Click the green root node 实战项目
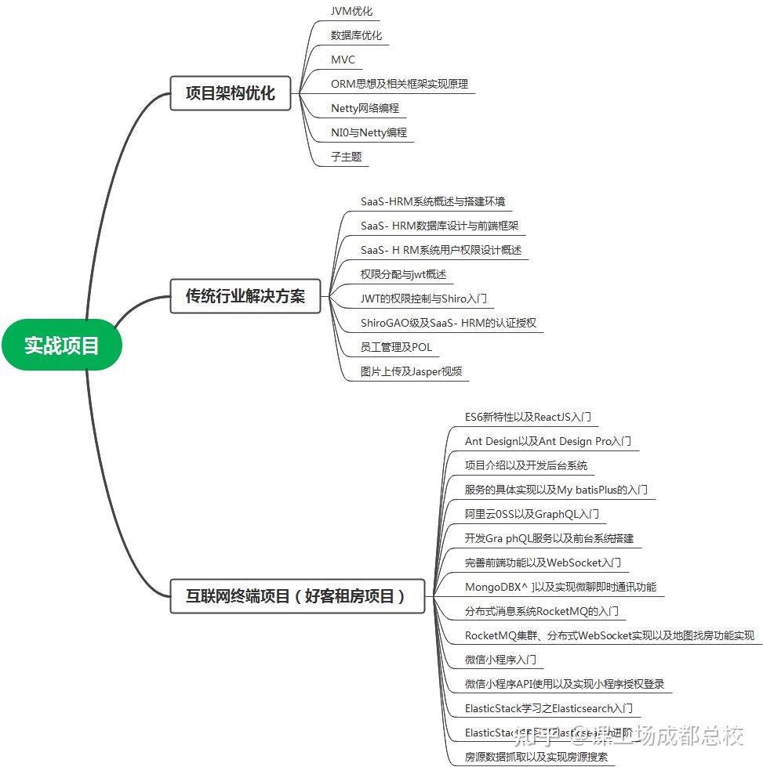pos(62,345)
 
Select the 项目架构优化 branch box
pos(230,93)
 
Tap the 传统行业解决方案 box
pos(245,297)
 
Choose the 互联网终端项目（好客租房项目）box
pos(297,596)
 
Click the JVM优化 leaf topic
pos(351,11)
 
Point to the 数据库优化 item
pos(356,35)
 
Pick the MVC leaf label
pos(343,60)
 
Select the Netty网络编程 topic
pos(365,108)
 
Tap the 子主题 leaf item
pos(346,157)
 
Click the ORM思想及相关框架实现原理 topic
pos(399,84)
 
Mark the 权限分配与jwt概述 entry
pos(403,274)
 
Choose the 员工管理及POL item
pos(396,347)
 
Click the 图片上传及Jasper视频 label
pos(411,371)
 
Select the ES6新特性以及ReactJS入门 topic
pos(528,417)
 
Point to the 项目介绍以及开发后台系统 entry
pos(525,465)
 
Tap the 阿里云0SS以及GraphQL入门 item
pos(532,514)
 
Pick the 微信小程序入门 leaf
pos(500,660)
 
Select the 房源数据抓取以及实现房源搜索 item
pos(536,757)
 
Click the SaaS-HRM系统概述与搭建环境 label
pos(432,201)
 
